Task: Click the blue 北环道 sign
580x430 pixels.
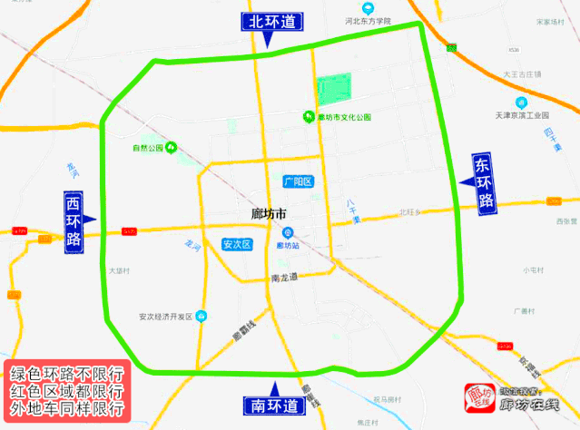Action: pos(271,23)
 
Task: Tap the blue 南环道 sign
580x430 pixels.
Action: pos(271,405)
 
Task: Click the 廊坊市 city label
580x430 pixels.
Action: pos(268,214)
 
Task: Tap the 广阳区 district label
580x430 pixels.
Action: pos(298,181)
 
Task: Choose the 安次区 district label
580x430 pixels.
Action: pos(236,244)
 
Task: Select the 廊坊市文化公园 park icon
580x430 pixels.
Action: pos(309,116)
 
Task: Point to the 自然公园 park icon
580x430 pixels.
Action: pos(171,147)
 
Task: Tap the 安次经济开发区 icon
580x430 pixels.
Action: pos(202,316)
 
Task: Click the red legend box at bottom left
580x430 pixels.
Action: pos(68,389)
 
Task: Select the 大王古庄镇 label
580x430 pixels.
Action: pos(522,73)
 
